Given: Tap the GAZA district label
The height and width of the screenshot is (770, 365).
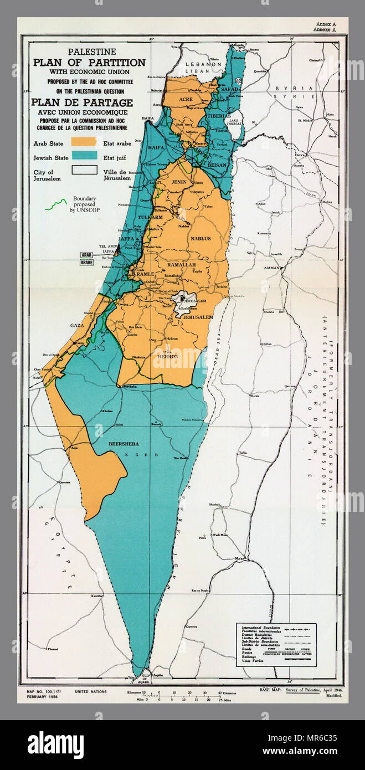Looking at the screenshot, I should point(76,326).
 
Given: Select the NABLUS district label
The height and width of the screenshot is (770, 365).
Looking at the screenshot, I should point(200,238).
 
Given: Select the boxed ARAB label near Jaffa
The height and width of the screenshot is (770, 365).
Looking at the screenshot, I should point(87,255).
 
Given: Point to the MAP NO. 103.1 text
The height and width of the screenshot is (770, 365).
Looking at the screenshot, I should point(45,692).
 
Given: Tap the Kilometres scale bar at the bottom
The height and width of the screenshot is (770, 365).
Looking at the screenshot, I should point(183,692).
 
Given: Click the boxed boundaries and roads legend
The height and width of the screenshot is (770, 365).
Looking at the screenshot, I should point(276,644).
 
